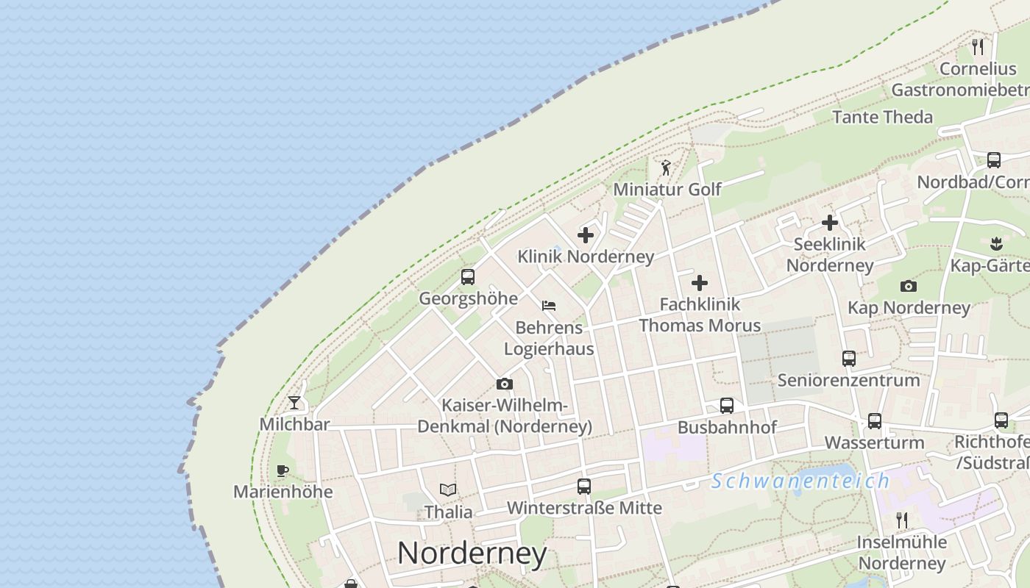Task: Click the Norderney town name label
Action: pyautogui.click(x=472, y=553)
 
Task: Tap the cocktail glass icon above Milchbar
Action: pyautogui.click(x=294, y=402)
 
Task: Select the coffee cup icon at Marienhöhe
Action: pyautogui.click(x=283, y=470)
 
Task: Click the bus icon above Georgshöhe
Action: pyautogui.click(x=468, y=277)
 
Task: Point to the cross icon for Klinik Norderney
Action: pyautogui.click(x=586, y=235)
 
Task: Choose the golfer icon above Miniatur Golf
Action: pyautogui.click(x=666, y=168)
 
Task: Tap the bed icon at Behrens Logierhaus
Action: pyautogui.click(x=549, y=306)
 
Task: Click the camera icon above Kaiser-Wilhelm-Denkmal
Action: pyautogui.click(x=505, y=384)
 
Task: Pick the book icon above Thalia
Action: pyautogui.click(x=448, y=490)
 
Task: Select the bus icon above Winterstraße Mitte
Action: pyautogui.click(x=584, y=487)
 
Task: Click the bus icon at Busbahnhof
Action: pyautogui.click(x=727, y=406)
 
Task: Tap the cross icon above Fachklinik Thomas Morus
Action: pyautogui.click(x=700, y=283)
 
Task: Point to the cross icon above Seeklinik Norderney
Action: pyautogui.click(x=830, y=223)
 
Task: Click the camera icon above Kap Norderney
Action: pyautogui.click(x=909, y=286)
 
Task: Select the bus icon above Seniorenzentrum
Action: pyautogui.click(x=849, y=359)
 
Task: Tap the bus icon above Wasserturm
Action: pyautogui.click(x=874, y=421)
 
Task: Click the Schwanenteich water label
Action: pyautogui.click(x=800, y=481)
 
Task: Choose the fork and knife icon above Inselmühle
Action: pyautogui.click(x=902, y=520)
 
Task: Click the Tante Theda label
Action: pyautogui.click(x=882, y=117)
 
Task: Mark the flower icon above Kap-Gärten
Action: pyautogui.click(x=996, y=243)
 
